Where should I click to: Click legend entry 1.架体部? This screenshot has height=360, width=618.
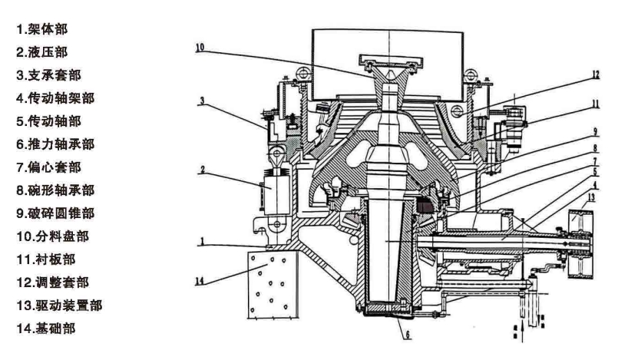pyautogui.click(x=41, y=29)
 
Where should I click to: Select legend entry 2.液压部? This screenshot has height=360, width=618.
pyautogui.click(x=41, y=52)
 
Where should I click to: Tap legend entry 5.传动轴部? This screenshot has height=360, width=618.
pyautogui.click(x=49, y=121)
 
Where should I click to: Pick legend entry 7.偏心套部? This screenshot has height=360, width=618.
pyautogui.click(x=49, y=167)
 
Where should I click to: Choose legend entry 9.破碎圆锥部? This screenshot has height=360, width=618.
pyautogui.click(x=55, y=213)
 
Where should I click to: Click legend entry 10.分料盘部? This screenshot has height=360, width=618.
pyautogui.click(x=52, y=236)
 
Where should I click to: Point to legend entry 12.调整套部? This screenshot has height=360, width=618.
pyautogui.click(x=52, y=282)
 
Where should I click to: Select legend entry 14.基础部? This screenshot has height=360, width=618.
pyautogui.click(x=46, y=329)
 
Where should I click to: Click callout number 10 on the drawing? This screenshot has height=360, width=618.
pyautogui.click(x=200, y=48)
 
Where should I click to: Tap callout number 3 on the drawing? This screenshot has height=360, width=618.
pyautogui.click(x=202, y=101)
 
